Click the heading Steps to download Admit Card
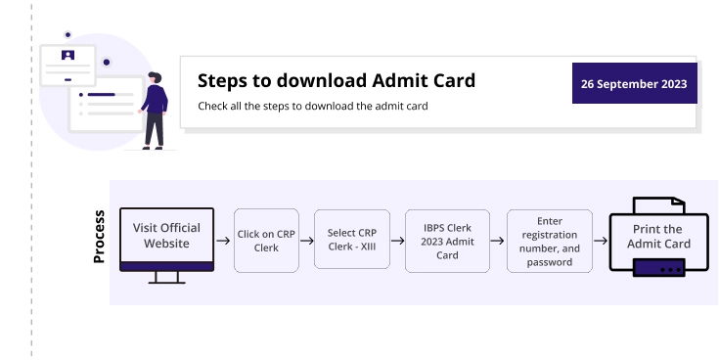pos(336,80)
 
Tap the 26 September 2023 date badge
pos(633,84)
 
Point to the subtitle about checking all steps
pos(312,106)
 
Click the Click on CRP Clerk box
pos(266,241)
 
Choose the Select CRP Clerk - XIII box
pos(351,240)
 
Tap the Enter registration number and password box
pos(549,242)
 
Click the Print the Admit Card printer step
pos(658,237)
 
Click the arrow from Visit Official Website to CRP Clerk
pos(223,241)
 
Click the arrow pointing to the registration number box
pos(497,241)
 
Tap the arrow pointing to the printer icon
pos(601,241)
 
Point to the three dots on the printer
pos(670,267)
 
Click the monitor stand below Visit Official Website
pos(166,278)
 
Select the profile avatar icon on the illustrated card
pos(67,55)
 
